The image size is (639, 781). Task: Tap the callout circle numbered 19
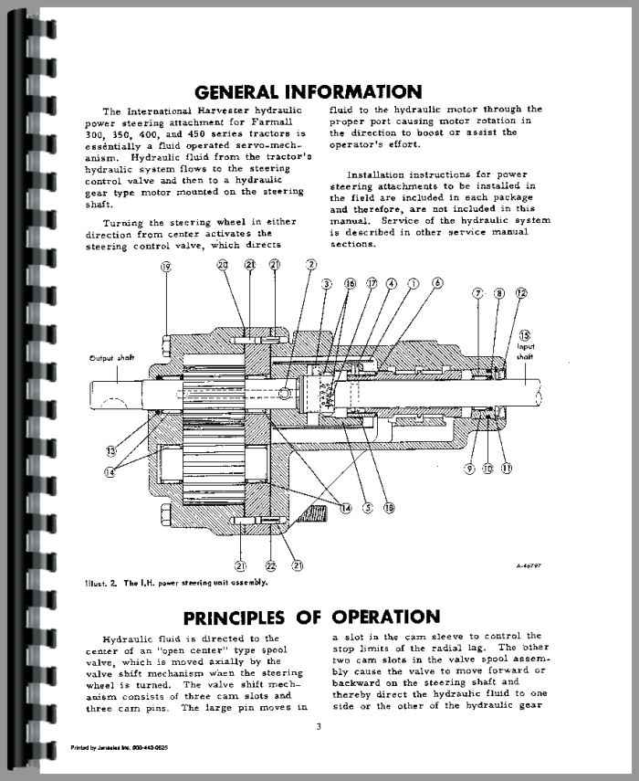click(x=165, y=267)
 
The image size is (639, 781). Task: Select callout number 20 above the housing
click(x=223, y=265)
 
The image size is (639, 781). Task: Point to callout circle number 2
click(x=312, y=265)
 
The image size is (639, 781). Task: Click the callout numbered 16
click(x=350, y=284)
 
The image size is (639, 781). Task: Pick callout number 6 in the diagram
click(x=438, y=284)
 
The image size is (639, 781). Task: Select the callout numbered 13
click(x=110, y=450)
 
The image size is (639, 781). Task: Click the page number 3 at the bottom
click(x=319, y=727)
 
